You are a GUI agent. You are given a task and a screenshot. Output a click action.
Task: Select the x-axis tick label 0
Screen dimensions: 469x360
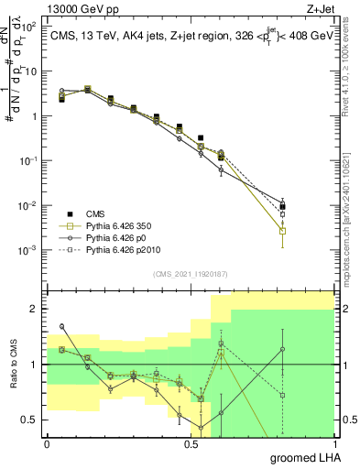click(47, 442)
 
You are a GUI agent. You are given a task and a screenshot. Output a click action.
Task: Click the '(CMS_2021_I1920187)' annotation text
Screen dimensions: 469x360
click(191, 273)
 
